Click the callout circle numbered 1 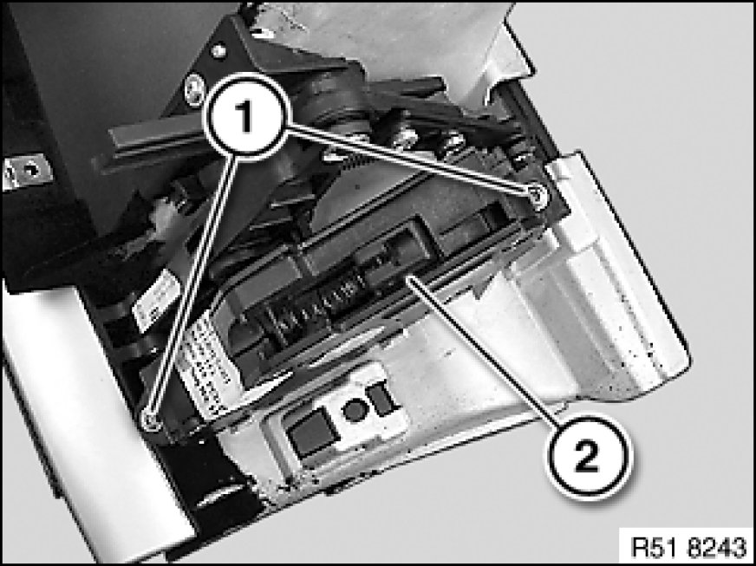pyautogui.click(x=247, y=115)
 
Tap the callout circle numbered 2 pyautogui.click(x=589, y=457)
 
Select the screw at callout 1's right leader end pyautogui.click(x=538, y=196)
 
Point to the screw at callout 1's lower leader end pyautogui.click(x=151, y=420)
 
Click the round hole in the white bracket pyautogui.click(x=355, y=411)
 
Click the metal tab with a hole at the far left pyautogui.click(x=27, y=171)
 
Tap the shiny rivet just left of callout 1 pyautogui.click(x=194, y=88)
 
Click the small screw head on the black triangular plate pyautogui.click(x=218, y=50)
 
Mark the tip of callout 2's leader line pyautogui.click(x=407, y=277)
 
